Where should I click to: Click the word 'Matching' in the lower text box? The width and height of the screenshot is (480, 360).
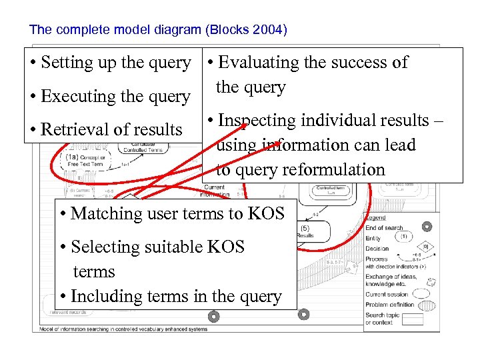(103, 214)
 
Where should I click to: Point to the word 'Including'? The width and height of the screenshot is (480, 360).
(105, 297)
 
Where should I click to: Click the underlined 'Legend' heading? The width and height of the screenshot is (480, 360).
(375, 217)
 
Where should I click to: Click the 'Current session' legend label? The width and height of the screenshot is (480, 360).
(387, 294)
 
